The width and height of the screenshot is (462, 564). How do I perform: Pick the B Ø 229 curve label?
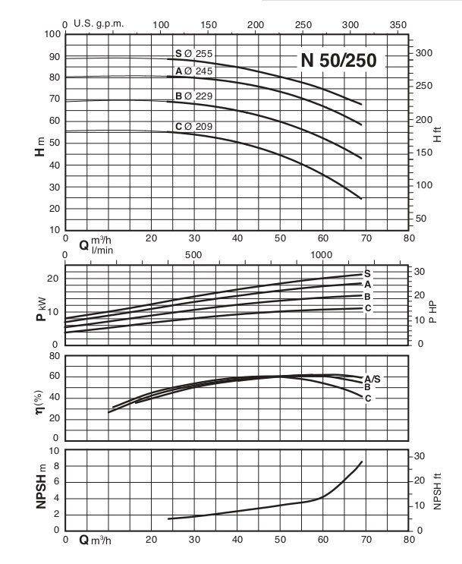[x=193, y=96]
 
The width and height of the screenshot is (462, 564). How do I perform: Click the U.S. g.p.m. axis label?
[x=99, y=24]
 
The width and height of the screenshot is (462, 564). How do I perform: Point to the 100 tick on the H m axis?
[x=52, y=35]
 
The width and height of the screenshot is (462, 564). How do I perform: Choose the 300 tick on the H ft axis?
[x=425, y=53]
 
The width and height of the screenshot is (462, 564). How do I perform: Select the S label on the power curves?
[x=367, y=273]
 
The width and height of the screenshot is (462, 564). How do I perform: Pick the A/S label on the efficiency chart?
[x=372, y=378]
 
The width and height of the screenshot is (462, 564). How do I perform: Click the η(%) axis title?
[x=38, y=401]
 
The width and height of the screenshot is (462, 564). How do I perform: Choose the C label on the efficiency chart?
[x=367, y=398]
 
